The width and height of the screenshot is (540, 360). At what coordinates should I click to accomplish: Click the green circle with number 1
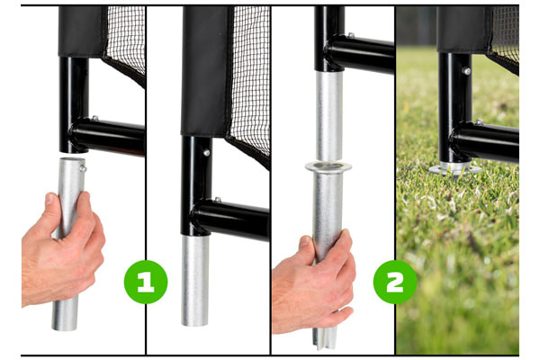pyautogui.click(x=146, y=282)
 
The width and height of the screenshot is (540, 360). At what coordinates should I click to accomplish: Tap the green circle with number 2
pyautogui.click(x=395, y=282)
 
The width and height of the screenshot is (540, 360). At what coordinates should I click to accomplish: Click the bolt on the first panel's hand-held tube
pyautogui.click(x=83, y=168)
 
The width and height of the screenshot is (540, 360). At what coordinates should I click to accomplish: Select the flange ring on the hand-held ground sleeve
pyautogui.click(x=328, y=167)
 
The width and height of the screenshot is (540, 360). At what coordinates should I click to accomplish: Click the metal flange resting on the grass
pyautogui.click(x=454, y=169)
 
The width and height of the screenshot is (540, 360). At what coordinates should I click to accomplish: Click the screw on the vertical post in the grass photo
pyautogui.click(x=466, y=71)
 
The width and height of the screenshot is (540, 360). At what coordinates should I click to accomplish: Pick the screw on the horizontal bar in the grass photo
pyautogui.click(x=479, y=122)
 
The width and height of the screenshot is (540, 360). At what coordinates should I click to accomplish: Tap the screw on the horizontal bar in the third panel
pyautogui.click(x=351, y=35)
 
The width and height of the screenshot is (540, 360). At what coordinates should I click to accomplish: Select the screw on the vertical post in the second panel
pyautogui.click(x=206, y=152)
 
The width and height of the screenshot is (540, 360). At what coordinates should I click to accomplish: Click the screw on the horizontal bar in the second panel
pyautogui.click(x=217, y=200)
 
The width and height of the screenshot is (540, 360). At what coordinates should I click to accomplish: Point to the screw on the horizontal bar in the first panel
pyautogui.click(x=94, y=118)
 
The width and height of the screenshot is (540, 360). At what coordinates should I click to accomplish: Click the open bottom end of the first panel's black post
pyautogui.click(x=74, y=150)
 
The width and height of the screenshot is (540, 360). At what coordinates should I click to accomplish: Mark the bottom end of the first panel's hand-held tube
pyautogui.click(x=65, y=327)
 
